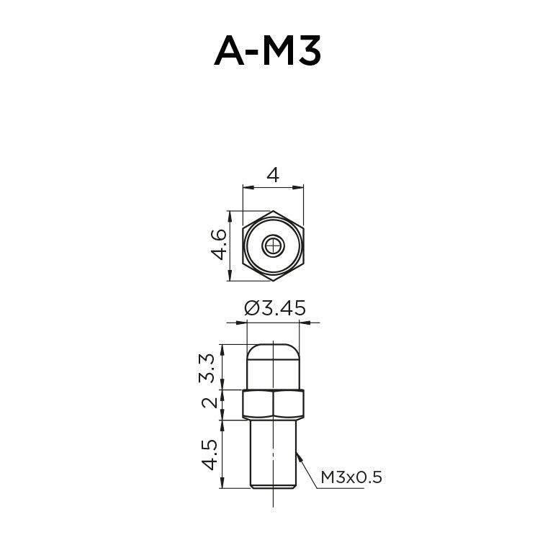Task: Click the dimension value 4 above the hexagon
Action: point(273,175)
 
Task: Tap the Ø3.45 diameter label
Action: point(275,308)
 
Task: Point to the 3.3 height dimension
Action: point(207,367)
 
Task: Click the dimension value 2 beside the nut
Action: point(209,402)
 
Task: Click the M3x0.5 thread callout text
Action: point(350,477)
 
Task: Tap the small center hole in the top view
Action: point(273,246)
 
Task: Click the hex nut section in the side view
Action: point(273,405)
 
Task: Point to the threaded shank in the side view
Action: point(273,454)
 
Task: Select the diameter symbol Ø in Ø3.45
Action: point(251,308)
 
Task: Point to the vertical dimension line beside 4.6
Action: point(229,246)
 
